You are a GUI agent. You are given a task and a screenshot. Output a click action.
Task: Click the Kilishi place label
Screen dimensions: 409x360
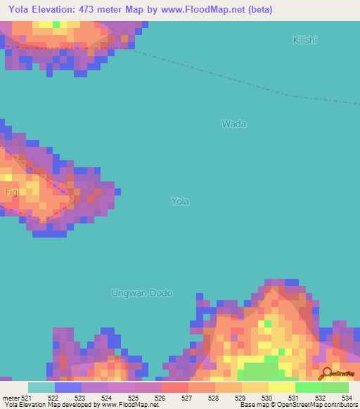click(x=304, y=40)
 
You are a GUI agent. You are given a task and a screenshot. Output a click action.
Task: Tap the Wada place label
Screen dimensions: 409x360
click(x=234, y=124)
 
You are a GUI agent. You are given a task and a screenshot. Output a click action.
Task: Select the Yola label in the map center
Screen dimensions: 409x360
click(x=180, y=201)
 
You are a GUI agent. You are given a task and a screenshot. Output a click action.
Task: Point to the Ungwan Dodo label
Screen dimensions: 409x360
click(x=142, y=292)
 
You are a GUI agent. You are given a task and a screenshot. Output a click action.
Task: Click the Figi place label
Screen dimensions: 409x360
click(x=10, y=191)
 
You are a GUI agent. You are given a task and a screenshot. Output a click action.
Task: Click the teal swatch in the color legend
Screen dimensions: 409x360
click(x=41, y=387)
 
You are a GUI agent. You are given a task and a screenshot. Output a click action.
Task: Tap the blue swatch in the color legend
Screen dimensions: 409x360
click(x=68, y=387)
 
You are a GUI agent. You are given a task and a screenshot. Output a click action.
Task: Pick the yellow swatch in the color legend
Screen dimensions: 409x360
click(x=282, y=387)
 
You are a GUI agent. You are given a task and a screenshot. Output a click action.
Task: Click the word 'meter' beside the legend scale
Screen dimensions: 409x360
click(x=9, y=398)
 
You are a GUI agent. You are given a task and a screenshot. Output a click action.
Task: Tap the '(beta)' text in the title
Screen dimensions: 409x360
click(x=257, y=10)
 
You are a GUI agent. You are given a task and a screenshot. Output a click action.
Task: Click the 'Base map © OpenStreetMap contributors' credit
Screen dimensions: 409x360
click(x=297, y=405)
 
